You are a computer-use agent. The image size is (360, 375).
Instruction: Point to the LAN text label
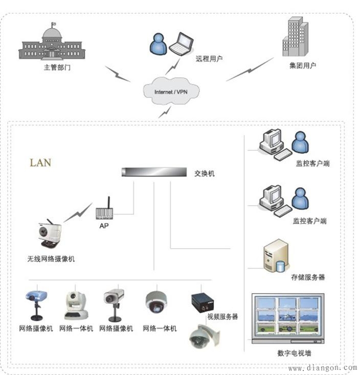[40, 163]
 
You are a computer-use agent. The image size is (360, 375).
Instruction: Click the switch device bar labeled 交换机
[153, 172]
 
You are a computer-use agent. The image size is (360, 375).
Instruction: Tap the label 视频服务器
[222, 317]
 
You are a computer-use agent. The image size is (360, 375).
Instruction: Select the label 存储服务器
[308, 277]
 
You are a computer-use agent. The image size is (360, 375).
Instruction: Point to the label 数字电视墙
[295, 353]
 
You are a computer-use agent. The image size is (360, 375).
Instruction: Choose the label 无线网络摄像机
[51, 259]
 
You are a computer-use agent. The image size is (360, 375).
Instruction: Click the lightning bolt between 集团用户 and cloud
[250, 70]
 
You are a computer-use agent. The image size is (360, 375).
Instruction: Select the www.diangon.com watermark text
[322, 368]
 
